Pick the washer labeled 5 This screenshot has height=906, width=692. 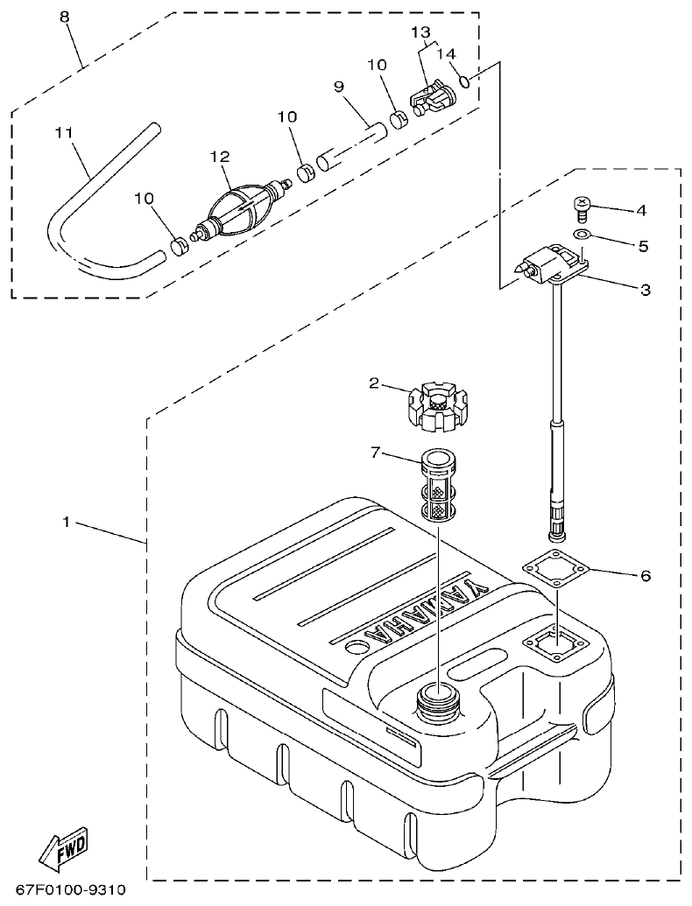point(581,235)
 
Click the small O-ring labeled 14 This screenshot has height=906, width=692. point(468,82)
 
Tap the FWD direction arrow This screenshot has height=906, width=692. point(64,848)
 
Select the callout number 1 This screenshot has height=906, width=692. point(66,522)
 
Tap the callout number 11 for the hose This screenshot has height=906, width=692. point(62,132)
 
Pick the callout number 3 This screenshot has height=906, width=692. point(644,290)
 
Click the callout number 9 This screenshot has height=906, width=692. point(339,87)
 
